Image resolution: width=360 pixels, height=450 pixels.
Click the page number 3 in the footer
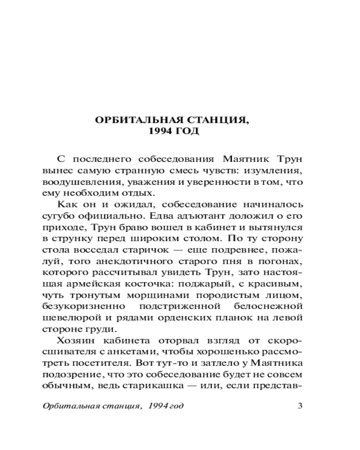[301, 405]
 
